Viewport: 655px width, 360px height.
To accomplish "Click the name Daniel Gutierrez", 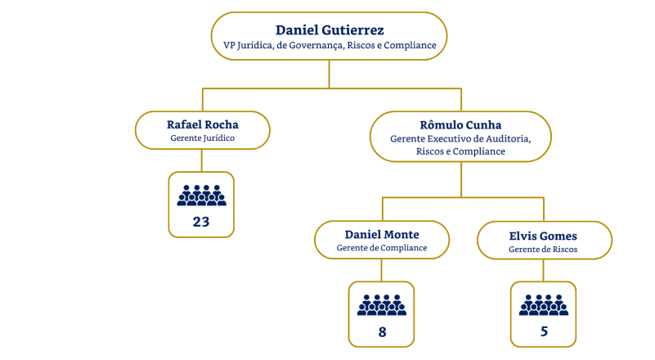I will point(330,30).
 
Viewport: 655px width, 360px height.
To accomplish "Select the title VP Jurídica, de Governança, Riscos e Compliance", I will point(330,45).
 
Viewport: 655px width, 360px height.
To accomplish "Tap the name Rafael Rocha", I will point(202,124).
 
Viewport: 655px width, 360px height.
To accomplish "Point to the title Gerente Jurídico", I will point(202,138).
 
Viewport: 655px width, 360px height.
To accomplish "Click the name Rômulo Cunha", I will point(460,124).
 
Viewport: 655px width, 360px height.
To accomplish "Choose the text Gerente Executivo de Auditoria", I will point(460,139).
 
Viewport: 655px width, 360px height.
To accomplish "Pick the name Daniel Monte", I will point(382,234).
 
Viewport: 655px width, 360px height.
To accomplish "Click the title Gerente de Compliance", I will point(382,248).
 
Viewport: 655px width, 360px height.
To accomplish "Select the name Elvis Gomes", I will point(543,236).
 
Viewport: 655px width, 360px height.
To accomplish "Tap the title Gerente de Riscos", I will point(543,249).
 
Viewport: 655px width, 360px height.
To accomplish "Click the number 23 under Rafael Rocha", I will point(201,221).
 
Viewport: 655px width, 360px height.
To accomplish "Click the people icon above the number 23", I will point(201,195).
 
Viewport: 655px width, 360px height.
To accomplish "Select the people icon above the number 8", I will point(382,304).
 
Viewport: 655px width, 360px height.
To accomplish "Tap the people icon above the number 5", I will point(543,304).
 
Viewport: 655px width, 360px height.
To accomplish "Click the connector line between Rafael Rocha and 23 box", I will point(202,160).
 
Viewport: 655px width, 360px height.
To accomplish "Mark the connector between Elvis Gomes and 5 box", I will point(543,271).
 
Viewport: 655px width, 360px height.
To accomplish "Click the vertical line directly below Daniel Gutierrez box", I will point(329,73).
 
